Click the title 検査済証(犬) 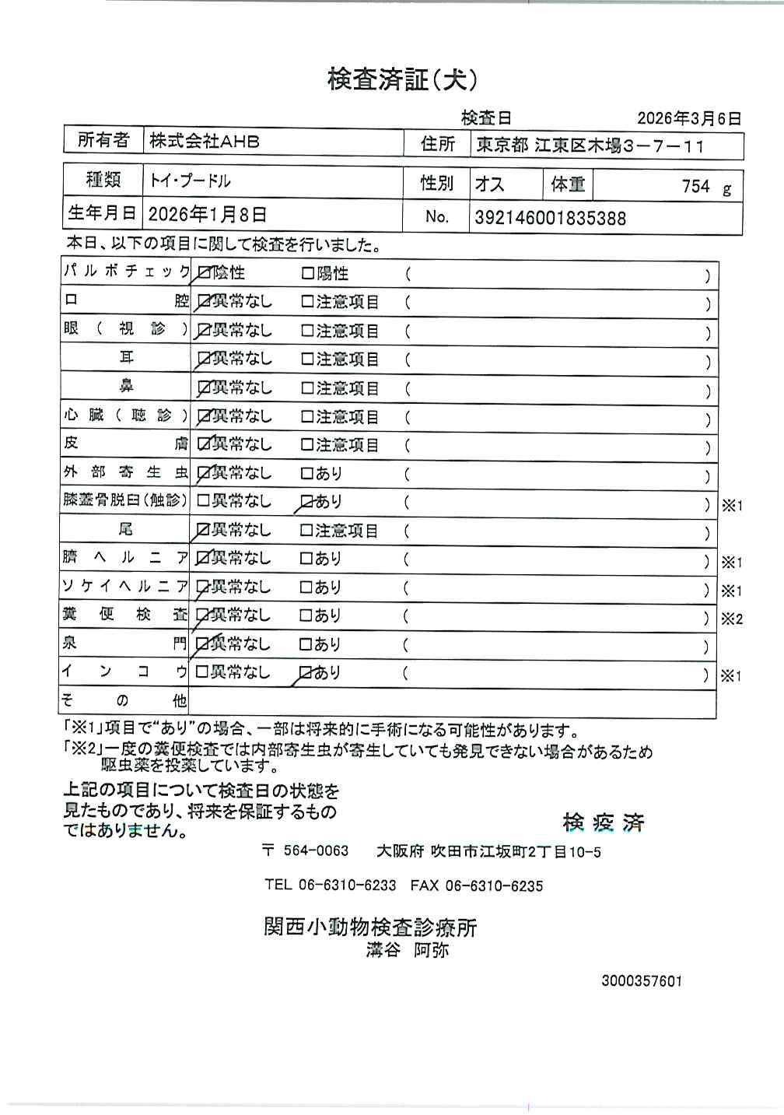(402, 79)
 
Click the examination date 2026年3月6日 (688, 118)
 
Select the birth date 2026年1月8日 (207, 214)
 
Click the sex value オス (489, 184)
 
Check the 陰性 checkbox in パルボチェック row (205, 273)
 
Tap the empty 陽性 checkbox (306, 273)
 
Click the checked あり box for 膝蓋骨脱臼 (306, 502)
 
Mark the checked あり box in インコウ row (306, 672)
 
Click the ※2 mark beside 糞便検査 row (732, 619)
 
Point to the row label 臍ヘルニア (124, 558)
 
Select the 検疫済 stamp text (604, 822)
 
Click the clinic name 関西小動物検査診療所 (370, 927)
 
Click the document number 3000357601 (642, 981)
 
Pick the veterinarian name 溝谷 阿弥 (408, 950)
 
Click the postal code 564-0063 (316, 851)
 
